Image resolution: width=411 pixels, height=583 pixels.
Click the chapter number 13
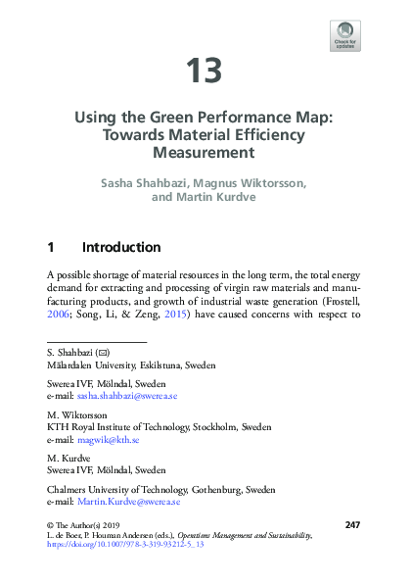tap(205, 71)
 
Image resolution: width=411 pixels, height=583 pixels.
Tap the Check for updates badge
tap(346, 35)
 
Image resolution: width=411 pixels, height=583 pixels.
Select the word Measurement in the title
tap(205, 153)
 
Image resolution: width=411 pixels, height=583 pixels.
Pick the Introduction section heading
tap(121, 247)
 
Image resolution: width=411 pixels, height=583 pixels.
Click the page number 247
tap(353, 525)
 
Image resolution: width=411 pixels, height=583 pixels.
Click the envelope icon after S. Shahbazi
tap(103, 352)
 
